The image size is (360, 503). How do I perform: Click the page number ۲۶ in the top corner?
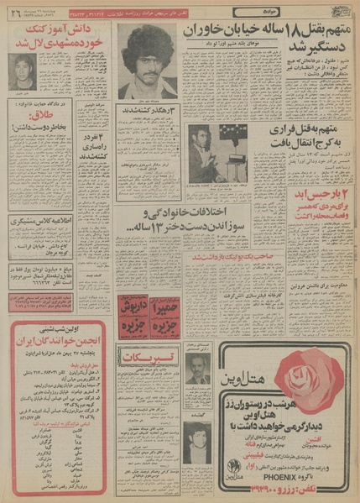coord(14,12)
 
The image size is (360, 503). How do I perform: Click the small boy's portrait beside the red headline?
coord(23,69)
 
